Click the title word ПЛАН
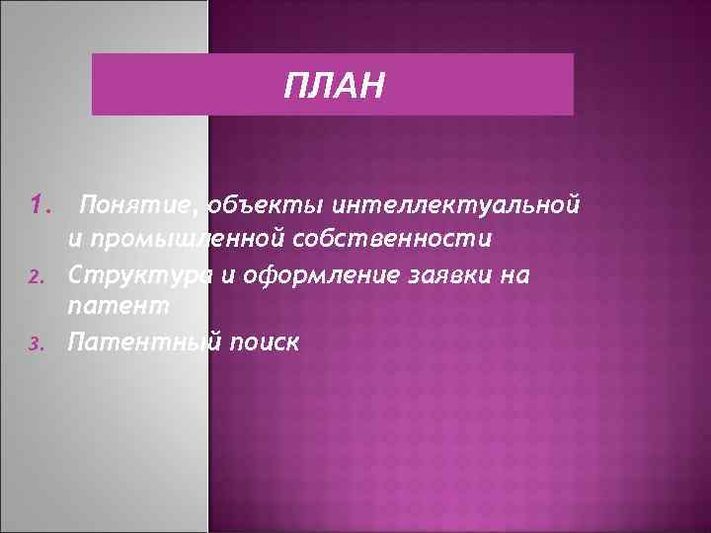tap(332, 86)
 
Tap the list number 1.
tap(40, 205)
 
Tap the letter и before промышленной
tap(74, 240)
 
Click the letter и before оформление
tap(227, 273)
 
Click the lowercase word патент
tap(118, 307)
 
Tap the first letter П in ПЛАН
tap(293, 86)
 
